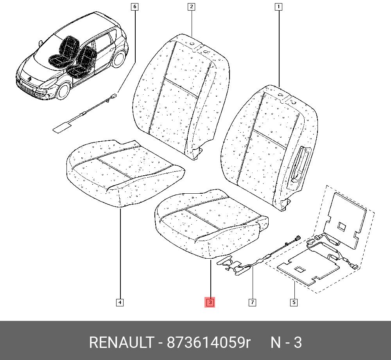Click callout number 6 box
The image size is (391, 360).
tap(135, 7)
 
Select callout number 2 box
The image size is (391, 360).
tap(191, 7)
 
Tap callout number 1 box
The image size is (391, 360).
tap(278, 7)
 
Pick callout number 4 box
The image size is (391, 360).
tap(120, 302)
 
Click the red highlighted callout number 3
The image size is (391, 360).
tap(210, 302)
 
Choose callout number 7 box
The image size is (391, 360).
tap(252, 302)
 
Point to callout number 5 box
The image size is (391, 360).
tap(294, 302)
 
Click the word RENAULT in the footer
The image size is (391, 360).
tap(122, 342)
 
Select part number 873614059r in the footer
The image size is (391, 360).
tap(208, 342)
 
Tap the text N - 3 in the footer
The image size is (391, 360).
tap(286, 342)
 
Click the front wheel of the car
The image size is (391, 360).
tap(63, 91)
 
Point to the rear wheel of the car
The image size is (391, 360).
tap(119, 59)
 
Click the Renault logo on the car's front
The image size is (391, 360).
tap(30, 79)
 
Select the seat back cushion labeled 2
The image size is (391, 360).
tap(181, 96)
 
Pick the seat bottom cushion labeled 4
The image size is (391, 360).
tap(125, 172)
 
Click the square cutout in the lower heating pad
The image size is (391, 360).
tap(300, 269)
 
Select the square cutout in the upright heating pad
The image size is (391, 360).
tap(342, 226)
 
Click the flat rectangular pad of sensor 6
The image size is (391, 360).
tap(62, 127)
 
